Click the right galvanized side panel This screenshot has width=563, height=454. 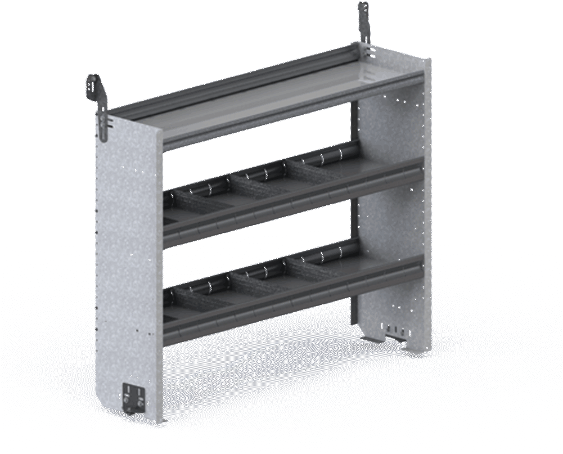point(394,214)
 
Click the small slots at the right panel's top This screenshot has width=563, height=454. point(369,54)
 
